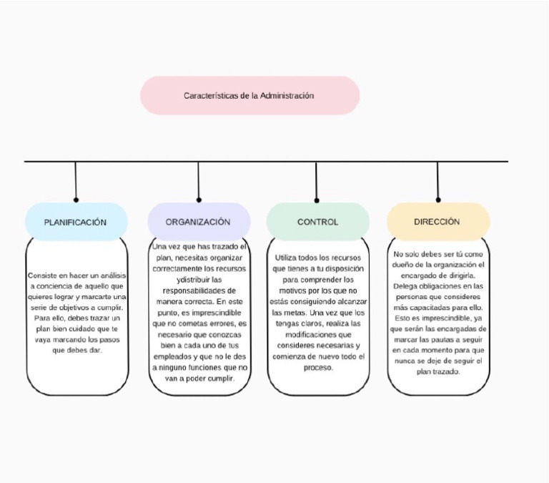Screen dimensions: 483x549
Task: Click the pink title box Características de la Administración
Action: coord(249,95)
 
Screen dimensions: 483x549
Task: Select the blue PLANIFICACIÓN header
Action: coord(76,222)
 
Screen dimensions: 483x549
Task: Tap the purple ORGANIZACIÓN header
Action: coord(199,222)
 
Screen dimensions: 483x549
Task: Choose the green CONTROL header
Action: coord(317,222)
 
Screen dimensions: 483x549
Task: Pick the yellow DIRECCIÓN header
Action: coord(437,222)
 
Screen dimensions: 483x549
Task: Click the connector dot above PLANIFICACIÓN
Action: coord(76,200)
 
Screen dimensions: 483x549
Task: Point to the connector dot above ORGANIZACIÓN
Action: coord(199,200)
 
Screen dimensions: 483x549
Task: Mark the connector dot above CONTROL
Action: coord(317,200)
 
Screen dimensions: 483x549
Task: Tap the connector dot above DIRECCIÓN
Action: coord(438,200)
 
